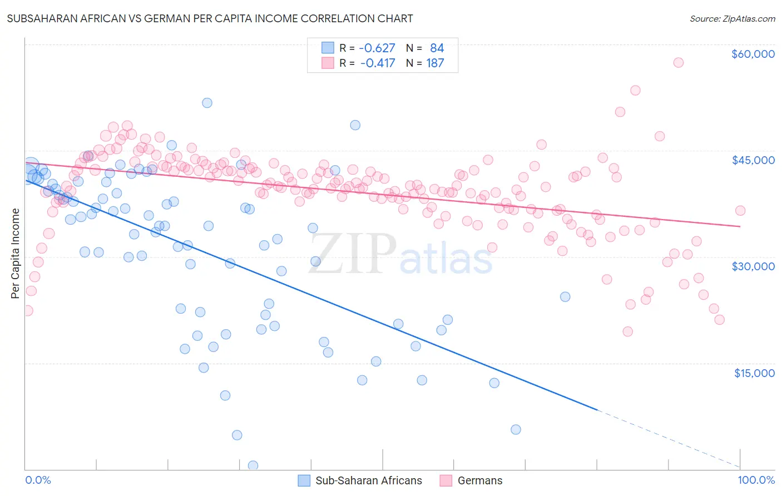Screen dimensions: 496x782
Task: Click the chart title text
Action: tap(210, 18)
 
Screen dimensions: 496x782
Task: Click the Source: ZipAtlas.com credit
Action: tap(732, 19)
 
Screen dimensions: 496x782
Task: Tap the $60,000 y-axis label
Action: tap(753, 54)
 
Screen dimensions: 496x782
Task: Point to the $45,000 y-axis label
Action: tap(753, 160)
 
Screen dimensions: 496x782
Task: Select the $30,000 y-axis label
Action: tap(753, 266)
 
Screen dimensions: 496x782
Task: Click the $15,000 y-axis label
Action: tap(754, 373)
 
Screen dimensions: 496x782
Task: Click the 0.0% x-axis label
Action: tap(38, 480)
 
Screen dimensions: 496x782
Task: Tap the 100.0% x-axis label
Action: tap(756, 480)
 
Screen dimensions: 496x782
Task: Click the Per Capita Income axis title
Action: tap(16, 253)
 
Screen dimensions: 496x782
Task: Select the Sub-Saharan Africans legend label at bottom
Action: tap(368, 480)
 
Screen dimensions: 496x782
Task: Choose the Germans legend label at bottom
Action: tap(479, 480)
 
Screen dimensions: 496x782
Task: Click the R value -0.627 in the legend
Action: tap(377, 48)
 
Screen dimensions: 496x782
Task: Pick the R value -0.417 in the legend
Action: tap(377, 63)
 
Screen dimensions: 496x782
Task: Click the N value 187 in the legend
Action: tap(435, 63)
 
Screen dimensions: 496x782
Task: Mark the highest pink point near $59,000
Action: tap(678, 62)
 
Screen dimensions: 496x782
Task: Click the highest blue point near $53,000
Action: tap(207, 103)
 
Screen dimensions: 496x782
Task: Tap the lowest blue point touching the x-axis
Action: tap(253, 465)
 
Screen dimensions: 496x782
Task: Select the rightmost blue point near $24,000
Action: tap(565, 296)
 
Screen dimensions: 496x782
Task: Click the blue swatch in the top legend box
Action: tap(328, 48)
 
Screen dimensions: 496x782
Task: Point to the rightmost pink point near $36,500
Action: tap(740, 210)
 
